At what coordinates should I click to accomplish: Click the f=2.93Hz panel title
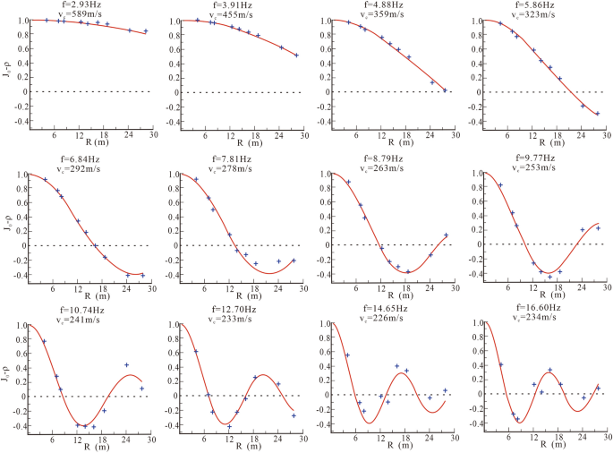81,4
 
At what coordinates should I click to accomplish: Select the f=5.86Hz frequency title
539,4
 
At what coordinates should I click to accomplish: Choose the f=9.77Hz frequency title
539,157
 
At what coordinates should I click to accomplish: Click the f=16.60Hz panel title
539,308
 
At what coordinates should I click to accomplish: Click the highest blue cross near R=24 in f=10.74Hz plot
127,365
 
